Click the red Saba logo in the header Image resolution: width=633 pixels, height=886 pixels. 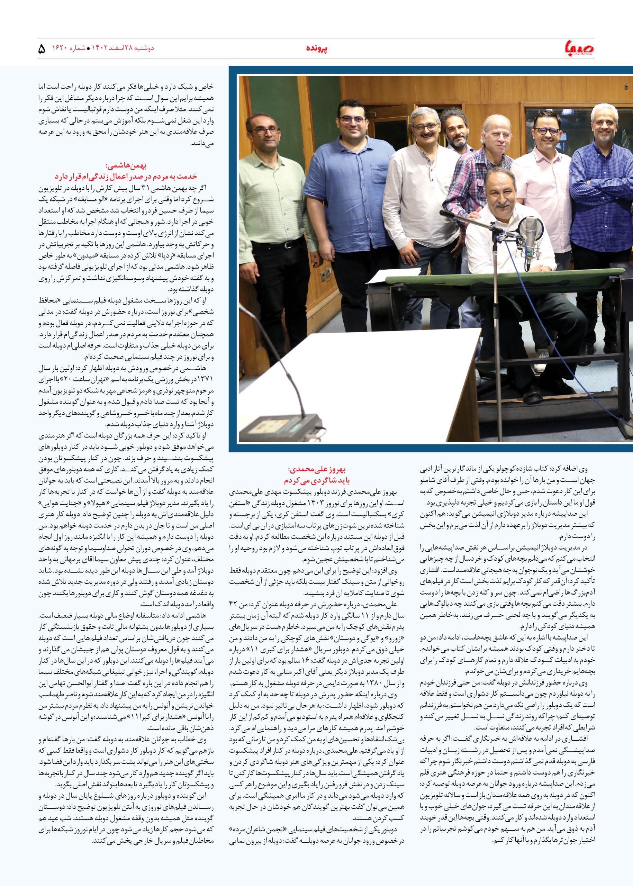(579, 48)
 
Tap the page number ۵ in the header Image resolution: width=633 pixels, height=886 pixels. (42, 49)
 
